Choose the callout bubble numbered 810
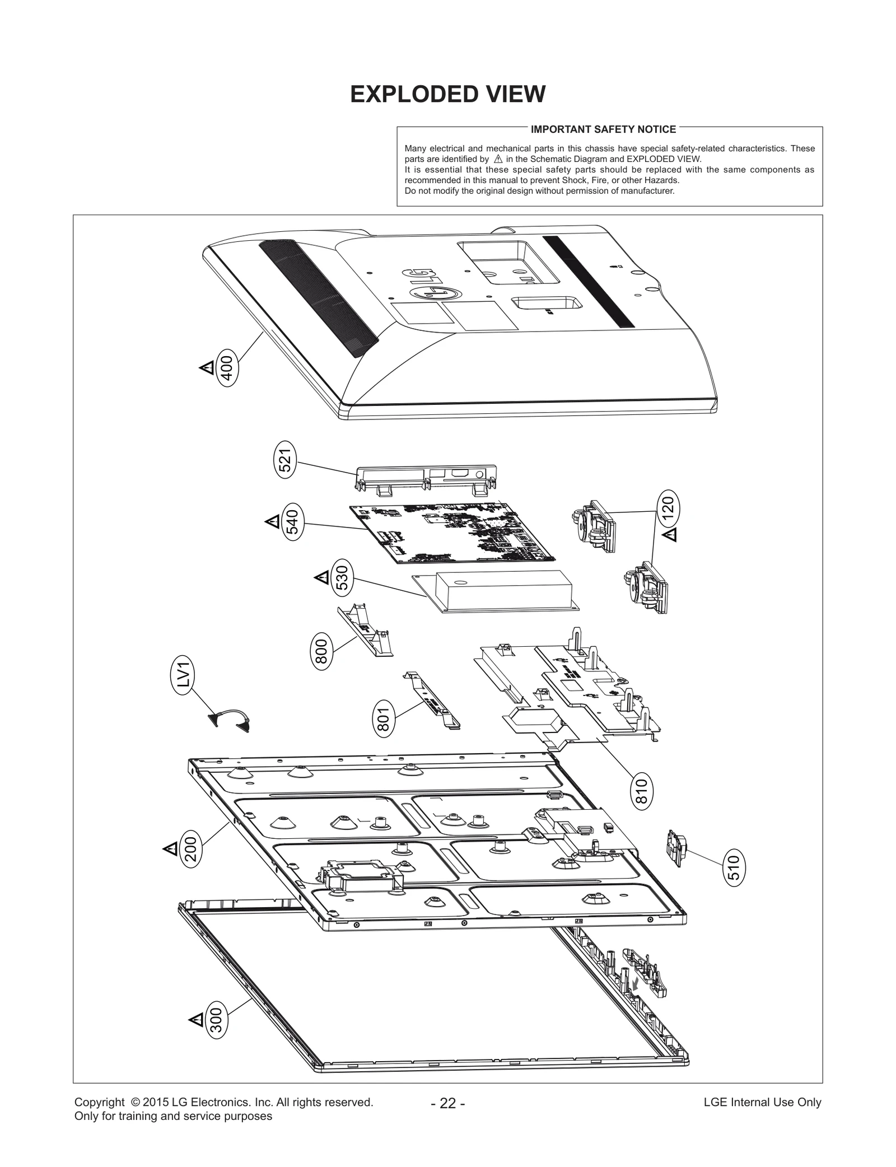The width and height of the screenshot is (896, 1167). click(642, 791)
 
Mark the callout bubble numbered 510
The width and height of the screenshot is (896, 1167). click(735, 867)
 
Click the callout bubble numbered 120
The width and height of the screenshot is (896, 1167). click(669, 508)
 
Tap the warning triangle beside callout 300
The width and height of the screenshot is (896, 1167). click(197, 1019)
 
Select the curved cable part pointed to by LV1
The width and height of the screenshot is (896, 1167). click(229, 719)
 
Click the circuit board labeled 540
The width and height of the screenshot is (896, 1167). click(451, 533)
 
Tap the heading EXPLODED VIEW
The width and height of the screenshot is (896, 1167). click(447, 94)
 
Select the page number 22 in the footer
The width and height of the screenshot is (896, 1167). click(447, 1118)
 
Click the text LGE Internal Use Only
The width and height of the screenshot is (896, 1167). click(762, 1117)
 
